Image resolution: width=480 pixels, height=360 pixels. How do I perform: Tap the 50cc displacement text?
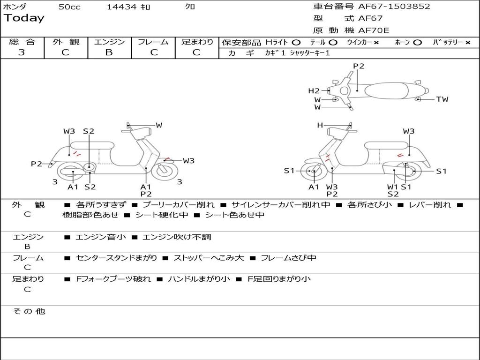click(x=69, y=7)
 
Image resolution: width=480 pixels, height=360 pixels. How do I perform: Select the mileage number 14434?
click(x=121, y=7)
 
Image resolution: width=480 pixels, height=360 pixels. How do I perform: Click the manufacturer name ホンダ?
click(x=15, y=7)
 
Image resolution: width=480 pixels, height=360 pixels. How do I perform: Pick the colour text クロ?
click(x=190, y=7)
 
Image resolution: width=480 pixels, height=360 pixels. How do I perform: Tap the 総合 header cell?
click(x=22, y=42)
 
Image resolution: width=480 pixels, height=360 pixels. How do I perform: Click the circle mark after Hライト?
click(x=296, y=43)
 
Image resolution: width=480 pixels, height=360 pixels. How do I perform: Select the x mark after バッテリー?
click(x=467, y=43)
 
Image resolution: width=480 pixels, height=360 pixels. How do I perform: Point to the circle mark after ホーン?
click(x=417, y=43)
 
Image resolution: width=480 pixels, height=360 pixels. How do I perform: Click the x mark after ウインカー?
click(x=376, y=43)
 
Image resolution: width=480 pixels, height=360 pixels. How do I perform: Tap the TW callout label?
click(x=442, y=99)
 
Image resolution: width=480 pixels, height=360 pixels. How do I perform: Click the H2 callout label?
click(x=314, y=91)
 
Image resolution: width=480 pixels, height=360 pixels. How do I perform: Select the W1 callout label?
click(x=392, y=187)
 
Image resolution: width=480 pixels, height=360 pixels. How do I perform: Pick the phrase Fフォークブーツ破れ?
click(x=113, y=279)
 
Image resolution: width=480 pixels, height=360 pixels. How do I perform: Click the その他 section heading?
click(x=29, y=311)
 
